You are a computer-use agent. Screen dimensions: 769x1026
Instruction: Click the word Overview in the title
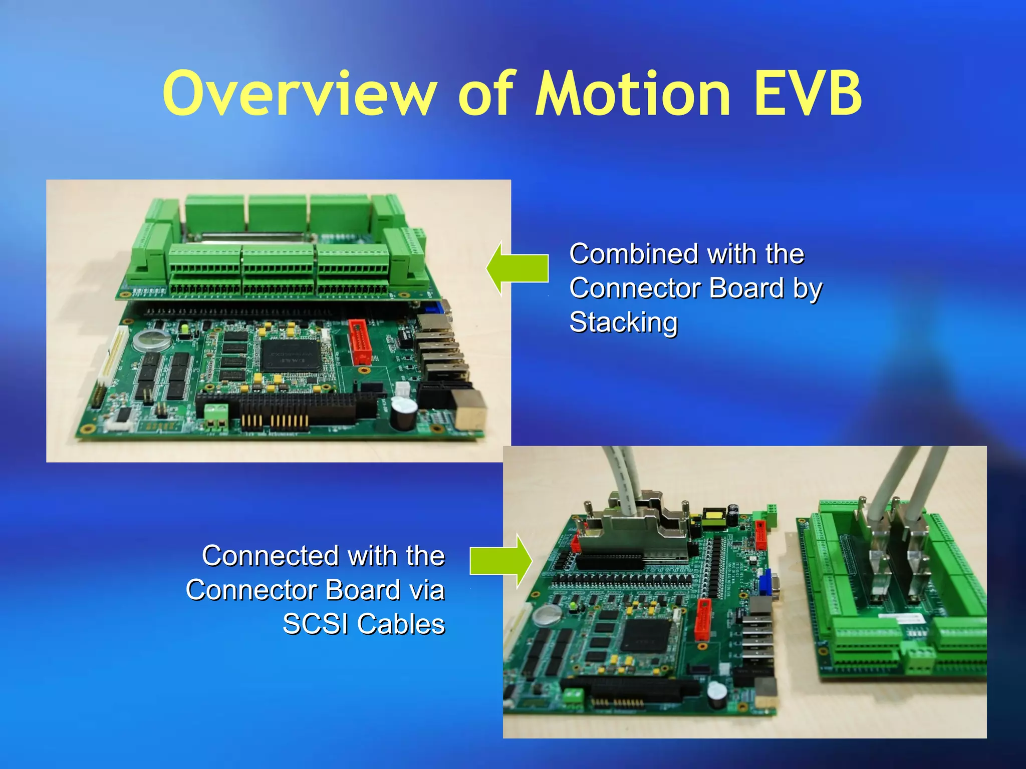click(x=300, y=94)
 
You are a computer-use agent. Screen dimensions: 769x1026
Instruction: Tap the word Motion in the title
click(x=633, y=94)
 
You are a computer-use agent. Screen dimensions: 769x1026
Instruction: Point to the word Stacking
click(x=623, y=322)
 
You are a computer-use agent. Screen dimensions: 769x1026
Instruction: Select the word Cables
click(x=401, y=624)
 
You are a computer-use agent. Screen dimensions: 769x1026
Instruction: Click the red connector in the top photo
click(x=360, y=342)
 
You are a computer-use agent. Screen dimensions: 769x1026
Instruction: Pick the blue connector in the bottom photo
click(x=765, y=583)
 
